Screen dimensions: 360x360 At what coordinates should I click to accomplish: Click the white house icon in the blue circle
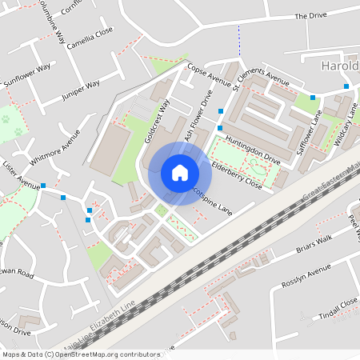coord(179,173)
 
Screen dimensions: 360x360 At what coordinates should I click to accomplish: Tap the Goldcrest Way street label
coord(158,121)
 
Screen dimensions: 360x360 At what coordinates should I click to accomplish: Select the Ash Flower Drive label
coord(199,119)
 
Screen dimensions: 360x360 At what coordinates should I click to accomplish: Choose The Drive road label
coord(312,15)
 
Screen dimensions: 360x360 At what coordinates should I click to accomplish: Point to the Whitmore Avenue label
coord(55,148)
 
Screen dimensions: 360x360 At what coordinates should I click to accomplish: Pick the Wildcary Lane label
coord(344,128)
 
